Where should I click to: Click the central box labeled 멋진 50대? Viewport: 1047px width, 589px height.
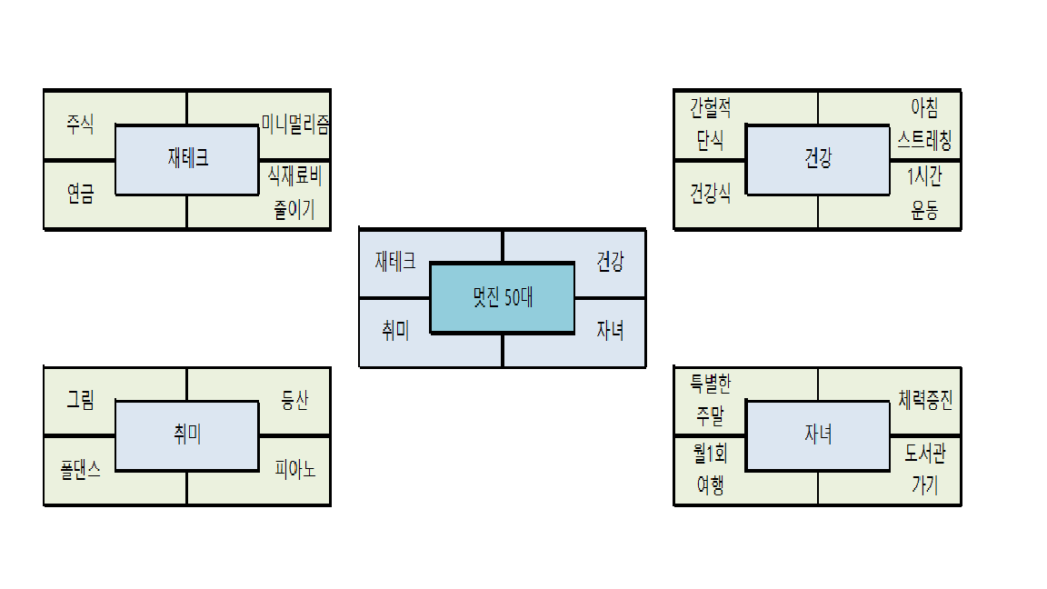click(x=502, y=298)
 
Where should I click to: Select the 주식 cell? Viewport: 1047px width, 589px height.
click(x=80, y=125)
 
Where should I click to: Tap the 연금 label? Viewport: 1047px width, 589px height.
click(x=80, y=194)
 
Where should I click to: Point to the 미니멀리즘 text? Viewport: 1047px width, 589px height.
click(x=295, y=125)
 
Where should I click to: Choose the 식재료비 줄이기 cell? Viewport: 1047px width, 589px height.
click(x=295, y=193)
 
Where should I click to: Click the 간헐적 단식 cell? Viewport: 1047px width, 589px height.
click(x=710, y=125)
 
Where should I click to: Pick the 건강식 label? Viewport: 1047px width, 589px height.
click(x=710, y=194)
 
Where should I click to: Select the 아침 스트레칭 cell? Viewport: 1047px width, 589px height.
click(x=924, y=125)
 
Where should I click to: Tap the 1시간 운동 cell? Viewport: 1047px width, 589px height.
click(x=924, y=193)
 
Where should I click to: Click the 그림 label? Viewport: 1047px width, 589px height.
click(x=80, y=400)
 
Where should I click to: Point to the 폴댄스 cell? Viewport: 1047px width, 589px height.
click(x=80, y=470)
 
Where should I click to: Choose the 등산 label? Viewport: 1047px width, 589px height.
click(x=294, y=400)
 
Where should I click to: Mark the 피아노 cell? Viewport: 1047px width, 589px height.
click(x=295, y=470)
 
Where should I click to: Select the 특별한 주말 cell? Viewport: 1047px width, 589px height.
click(x=710, y=400)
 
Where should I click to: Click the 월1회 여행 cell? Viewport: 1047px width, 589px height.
click(x=710, y=469)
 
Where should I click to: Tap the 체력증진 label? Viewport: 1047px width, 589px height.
click(x=925, y=400)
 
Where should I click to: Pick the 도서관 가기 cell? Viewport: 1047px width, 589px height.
click(x=925, y=469)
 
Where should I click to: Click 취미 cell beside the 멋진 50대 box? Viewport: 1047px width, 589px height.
click(x=395, y=331)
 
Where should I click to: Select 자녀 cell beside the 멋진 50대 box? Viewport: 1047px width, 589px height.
click(x=610, y=331)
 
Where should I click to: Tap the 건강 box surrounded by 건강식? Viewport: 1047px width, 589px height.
click(x=818, y=159)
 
